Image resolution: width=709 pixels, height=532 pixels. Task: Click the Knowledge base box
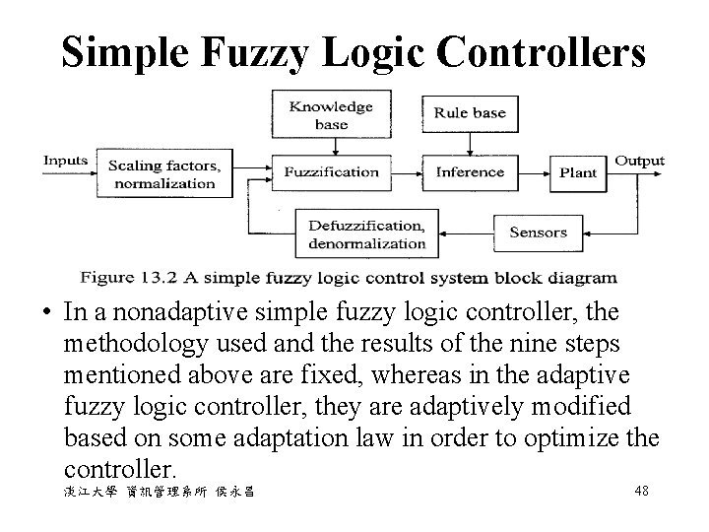(x=331, y=115)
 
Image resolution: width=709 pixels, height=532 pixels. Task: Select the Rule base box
(x=470, y=113)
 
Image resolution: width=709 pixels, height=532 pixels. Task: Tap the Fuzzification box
(x=331, y=172)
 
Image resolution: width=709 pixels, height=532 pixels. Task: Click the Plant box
(x=578, y=172)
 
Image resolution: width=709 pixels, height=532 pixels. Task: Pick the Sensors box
(x=538, y=233)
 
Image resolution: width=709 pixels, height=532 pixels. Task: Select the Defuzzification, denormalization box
(x=366, y=233)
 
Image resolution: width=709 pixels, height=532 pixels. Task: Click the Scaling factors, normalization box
(x=161, y=173)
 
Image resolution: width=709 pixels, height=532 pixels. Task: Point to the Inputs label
(x=66, y=160)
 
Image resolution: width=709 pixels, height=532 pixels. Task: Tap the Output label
(x=639, y=160)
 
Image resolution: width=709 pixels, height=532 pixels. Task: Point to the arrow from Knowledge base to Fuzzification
(x=335, y=145)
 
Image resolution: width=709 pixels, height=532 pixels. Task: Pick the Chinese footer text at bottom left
(x=159, y=491)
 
